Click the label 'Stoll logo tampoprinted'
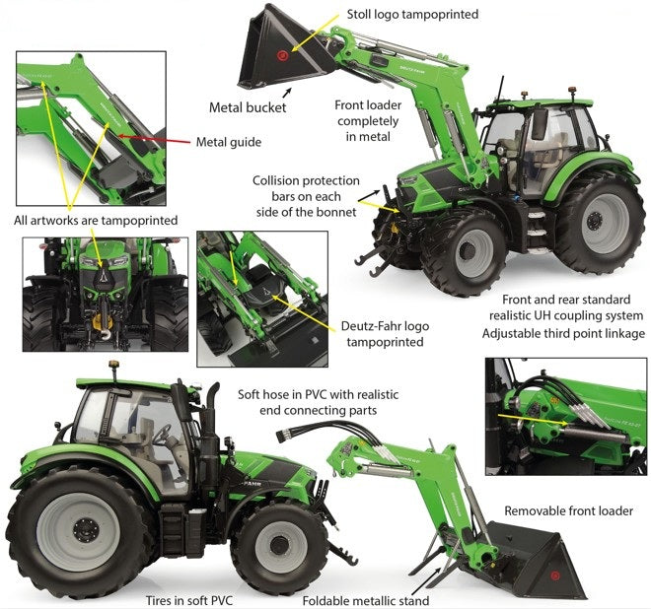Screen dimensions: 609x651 [412, 15]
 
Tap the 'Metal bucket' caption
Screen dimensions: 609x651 [248, 107]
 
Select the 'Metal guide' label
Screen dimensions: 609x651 [229, 142]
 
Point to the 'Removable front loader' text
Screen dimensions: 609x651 [568, 510]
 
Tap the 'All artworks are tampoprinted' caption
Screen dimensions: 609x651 [96, 221]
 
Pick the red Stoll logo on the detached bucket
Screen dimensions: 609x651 [554, 572]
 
